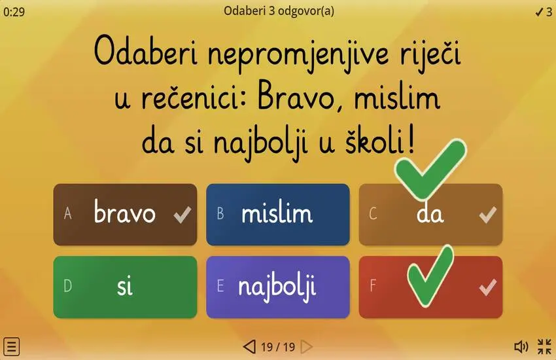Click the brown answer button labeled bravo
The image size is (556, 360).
click(124, 214)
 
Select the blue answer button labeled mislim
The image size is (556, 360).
click(277, 214)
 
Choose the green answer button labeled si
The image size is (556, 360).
click(124, 287)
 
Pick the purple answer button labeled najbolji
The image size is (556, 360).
click(277, 287)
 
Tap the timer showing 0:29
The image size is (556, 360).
click(14, 12)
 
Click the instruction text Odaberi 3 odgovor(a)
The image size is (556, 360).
click(279, 10)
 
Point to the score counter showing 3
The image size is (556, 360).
click(544, 12)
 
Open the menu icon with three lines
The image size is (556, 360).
click(12, 346)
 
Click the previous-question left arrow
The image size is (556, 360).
click(249, 346)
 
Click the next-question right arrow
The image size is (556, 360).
click(306, 346)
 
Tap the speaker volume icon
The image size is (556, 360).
click(521, 346)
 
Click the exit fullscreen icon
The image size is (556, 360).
click(544, 346)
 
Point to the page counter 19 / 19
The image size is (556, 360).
click(278, 346)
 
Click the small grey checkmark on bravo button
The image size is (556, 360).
click(182, 214)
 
